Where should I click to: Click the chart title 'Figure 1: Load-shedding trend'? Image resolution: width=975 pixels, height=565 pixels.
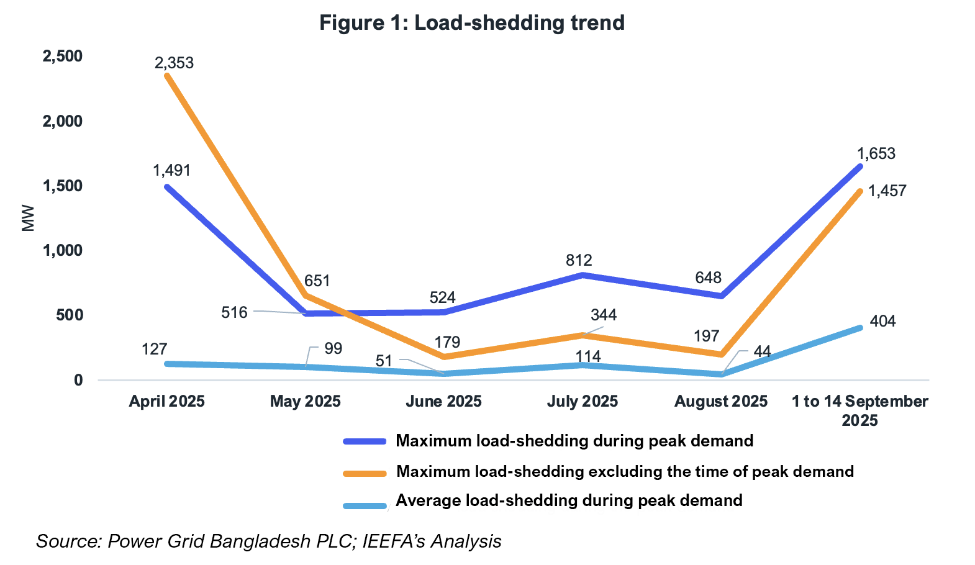point(472,23)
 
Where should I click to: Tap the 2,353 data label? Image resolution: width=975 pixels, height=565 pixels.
point(174,63)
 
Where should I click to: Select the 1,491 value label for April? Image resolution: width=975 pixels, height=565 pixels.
point(172,170)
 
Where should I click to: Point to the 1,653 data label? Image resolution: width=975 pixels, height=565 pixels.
point(876,153)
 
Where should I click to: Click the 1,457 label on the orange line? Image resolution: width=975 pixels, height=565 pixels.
point(887,191)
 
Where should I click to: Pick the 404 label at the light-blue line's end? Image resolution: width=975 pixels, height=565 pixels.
point(882,321)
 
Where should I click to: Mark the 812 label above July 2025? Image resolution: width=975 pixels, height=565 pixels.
point(579,260)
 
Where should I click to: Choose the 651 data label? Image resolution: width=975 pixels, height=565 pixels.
point(317,281)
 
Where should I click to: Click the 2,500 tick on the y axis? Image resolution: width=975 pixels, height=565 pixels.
point(62,56)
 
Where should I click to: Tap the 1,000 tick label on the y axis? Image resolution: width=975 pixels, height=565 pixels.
point(62,250)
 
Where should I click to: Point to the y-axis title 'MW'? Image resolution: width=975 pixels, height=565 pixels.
point(28,218)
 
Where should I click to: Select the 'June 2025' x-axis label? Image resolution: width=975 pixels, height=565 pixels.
point(443,401)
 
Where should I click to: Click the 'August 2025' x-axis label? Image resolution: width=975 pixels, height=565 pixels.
point(721,401)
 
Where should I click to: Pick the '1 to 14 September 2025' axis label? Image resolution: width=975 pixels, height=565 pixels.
point(859,410)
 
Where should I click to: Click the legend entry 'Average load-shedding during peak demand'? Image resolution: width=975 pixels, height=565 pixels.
point(569,500)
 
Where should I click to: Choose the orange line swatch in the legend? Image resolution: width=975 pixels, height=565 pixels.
point(365,473)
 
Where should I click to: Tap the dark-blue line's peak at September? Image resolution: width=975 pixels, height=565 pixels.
point(860,166)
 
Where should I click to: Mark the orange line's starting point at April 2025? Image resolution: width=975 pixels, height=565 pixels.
point(167,75)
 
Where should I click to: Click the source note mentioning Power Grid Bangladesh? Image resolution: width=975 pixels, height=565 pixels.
point(269,541)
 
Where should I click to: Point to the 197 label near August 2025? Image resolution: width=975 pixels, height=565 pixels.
point(707,336)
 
